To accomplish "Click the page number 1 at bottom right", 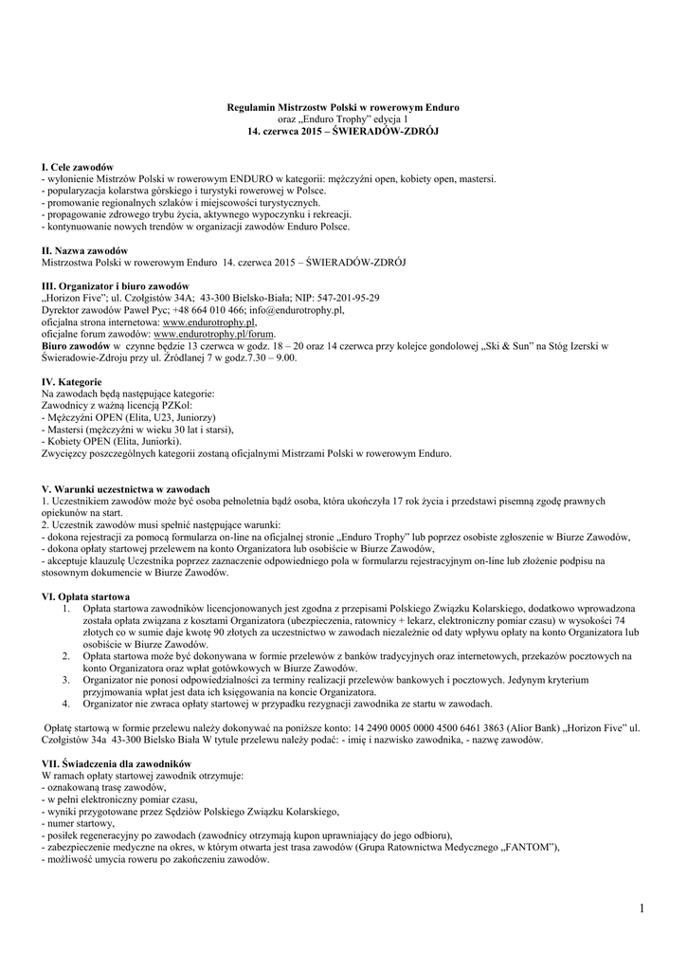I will pos(641,909).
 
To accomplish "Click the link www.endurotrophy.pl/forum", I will pos(214,334).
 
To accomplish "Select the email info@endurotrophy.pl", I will pos(297,310).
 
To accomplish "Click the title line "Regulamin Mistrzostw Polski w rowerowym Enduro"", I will pos(343,108).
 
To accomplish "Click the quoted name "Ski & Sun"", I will pos(510,346).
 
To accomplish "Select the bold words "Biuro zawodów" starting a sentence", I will pos(70,346).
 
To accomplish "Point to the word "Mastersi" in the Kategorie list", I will pos(66,429).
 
